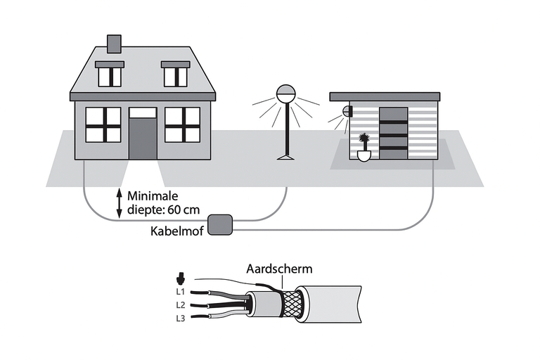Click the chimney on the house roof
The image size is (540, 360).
(113, 44)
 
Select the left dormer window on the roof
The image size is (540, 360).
(109, 74)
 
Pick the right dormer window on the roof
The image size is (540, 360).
(175, 74)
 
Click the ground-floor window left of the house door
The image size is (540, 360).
(103, 124)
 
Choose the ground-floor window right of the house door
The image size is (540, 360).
(182, 124)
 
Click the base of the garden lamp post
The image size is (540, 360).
(286, 156)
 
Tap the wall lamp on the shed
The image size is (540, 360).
(347, 111)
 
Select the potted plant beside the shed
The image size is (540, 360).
(364, 147)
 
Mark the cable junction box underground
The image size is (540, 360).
(223, 224)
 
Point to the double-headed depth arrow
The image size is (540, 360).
(119, 202)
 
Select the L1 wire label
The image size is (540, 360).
(180, 290)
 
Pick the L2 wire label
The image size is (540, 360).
(180, 305)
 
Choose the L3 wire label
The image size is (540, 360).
(180, 319)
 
